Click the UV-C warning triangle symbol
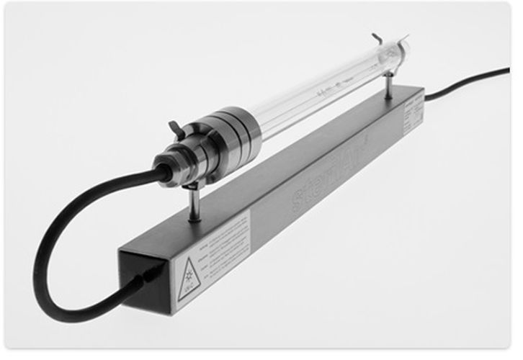coord(189,280)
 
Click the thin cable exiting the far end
coord(468,80)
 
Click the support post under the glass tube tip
coord(388,86)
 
